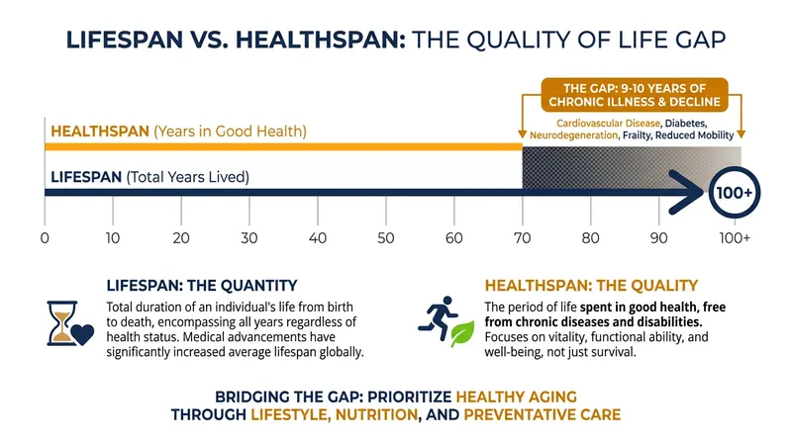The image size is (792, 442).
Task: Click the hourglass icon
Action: click(62, 323)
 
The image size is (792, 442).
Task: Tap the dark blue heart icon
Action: click(83, 334)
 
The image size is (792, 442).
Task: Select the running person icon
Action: click(438, 317)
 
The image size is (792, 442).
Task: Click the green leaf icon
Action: click(462, 333)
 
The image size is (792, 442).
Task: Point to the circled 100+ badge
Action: click(734, 193)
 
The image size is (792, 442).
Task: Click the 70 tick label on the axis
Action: click(523, 237)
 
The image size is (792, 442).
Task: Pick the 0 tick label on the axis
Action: click(45, 237)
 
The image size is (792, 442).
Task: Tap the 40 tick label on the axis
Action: click(318, 237)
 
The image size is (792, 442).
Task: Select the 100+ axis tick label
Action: click(735, 237)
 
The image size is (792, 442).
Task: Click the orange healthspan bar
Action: click(283, 146)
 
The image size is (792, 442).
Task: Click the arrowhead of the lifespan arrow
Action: click(686, 192)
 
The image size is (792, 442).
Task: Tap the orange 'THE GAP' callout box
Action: click(635, 95)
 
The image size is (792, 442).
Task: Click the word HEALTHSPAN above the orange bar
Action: click(100, 132)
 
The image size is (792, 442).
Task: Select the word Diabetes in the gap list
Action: click(685, 124)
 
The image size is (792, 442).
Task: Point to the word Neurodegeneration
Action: click(574, 135)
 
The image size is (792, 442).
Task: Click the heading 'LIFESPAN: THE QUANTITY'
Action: click(202, 286)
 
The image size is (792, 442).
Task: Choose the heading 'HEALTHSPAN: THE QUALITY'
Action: click(591, 286)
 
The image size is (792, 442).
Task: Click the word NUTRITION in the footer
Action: click(377, 414)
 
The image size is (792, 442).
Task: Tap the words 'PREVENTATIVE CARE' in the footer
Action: click(542, 414)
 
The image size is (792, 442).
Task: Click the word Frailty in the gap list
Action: click(637, 135)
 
